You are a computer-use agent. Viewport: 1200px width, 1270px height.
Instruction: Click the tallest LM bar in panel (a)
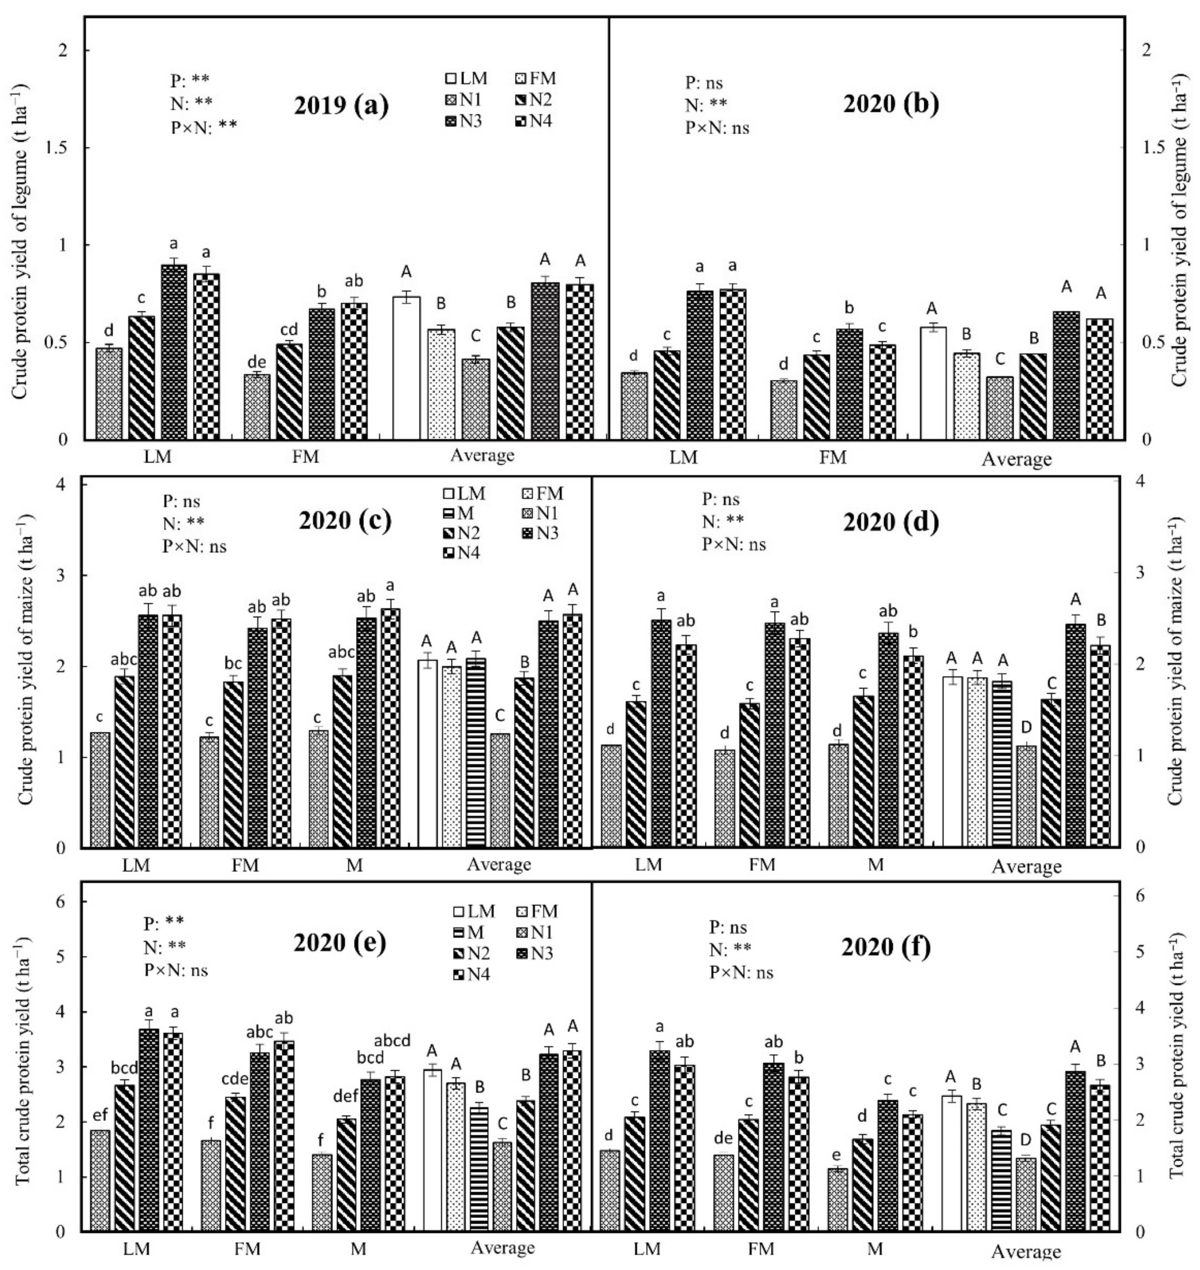[173, 352]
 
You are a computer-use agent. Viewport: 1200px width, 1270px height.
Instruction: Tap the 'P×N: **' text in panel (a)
[203, 126]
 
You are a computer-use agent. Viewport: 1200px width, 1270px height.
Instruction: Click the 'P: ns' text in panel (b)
[704, 83]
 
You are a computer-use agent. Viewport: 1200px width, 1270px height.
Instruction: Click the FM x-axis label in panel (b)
[832, 458]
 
